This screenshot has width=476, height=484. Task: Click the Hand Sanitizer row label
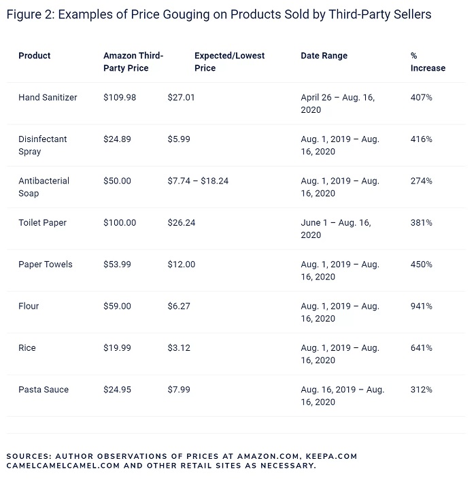[x=48, y=97]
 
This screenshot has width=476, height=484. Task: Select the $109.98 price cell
[x=120, y=97]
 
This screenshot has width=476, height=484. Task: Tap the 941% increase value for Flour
[x=421, y=306]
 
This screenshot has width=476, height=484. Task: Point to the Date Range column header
[x=324, y=56]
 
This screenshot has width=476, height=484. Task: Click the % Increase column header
[x=428, y=62]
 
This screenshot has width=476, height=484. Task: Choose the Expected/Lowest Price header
[x=229, y=62]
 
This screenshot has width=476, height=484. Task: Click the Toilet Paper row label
[x=42, y=222]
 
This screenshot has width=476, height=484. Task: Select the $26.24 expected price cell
[x=181, y=222]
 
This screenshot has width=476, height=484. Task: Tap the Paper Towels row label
[x=45, y=264]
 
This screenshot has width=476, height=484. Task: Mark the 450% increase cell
[x=421, y=264]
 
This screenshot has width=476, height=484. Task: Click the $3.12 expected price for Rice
[x=179, y=348]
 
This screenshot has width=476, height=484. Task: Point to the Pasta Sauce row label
[x=44, y=390]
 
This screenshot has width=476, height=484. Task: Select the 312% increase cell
[x=421, y=390]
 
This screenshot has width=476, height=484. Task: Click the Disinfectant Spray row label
[x=42, y=145]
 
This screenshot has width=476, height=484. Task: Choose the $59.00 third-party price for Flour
[x=117, y=306]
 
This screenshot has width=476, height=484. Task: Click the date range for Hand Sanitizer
[x=337, y=103]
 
